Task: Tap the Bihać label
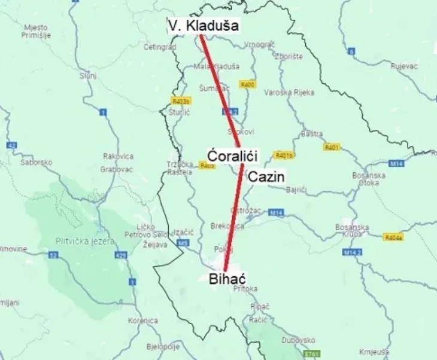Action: coord(227,278)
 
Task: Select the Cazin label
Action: coord(267,176)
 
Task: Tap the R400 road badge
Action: coord(247,85)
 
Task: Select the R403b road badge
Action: coord(180,101)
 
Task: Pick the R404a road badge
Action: coord(393,237)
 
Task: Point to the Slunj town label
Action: coord(87,75)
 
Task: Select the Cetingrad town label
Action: coord(159,46)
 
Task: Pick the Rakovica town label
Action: coord(117,156)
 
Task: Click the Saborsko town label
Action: coord(37,162)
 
